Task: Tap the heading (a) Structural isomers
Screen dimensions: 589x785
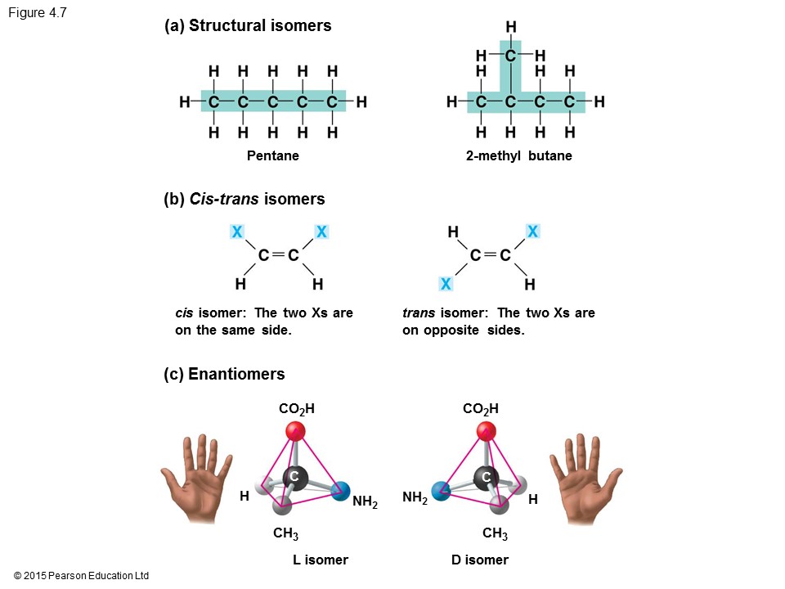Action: coord(248,25)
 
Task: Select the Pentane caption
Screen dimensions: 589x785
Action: coord(273,155)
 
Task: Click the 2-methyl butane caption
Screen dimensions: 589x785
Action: coord(519,155)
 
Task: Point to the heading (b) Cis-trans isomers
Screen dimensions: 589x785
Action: coord(244,199)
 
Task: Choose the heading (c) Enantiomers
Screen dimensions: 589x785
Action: coord(225,374)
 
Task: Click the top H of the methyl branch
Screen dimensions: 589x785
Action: coord(511,28)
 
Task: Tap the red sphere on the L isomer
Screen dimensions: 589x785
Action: coord(295,431)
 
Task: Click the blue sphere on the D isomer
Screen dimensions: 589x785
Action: coord(442,491)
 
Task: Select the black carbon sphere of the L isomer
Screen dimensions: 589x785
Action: coord(294,477)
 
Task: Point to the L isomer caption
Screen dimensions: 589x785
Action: coord(321,560)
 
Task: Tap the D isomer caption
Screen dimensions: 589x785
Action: coord(480,560)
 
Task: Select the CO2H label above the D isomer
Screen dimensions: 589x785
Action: coord(481,408)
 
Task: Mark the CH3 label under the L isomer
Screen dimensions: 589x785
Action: coord(285,534)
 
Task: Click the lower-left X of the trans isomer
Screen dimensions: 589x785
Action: coord(446,284)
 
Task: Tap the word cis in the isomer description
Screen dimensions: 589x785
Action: coord(184,312)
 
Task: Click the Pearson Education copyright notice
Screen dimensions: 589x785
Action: coord(82,576)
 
